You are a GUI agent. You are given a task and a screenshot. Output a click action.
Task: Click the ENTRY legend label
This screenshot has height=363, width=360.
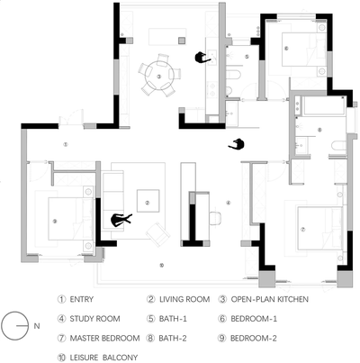tap(82, 299)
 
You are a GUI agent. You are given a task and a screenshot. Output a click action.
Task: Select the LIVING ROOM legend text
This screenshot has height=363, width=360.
tap(184, 299)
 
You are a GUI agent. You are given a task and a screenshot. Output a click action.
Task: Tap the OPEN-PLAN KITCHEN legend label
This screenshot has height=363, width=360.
tap(270, 299)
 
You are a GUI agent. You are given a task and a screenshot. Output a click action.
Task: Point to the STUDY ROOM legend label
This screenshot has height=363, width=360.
tap(94, 319)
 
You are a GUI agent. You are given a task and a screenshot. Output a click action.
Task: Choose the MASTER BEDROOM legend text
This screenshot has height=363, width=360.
tap(104, 338)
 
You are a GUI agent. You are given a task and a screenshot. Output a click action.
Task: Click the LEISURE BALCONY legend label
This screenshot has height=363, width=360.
tap(103, 358)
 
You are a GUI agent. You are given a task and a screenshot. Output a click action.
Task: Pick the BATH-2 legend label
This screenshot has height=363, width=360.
tap(173, 338)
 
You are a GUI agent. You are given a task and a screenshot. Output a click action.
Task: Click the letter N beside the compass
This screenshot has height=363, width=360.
tap(37, 326)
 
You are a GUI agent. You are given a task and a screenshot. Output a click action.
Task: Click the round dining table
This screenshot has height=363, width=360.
tap(158, 76)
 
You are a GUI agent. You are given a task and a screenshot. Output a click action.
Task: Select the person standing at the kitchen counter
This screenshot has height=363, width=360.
tap(202, 57)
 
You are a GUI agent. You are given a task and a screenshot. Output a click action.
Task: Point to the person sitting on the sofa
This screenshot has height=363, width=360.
tap(121, 220)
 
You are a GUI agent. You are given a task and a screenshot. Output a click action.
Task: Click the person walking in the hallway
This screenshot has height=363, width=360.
tap(237, 144)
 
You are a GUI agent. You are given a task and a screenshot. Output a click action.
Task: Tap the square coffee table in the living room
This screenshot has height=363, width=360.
tap(148, 201)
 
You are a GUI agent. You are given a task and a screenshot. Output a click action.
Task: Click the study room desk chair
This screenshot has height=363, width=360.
tap(215, 218)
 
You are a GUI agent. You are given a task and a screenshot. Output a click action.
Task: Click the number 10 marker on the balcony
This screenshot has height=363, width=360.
tap(162, 265)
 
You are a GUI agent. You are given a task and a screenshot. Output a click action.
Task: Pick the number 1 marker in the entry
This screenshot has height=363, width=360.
tap(66, 144)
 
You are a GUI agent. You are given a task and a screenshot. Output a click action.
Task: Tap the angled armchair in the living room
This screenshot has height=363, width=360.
tap(158, 234)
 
